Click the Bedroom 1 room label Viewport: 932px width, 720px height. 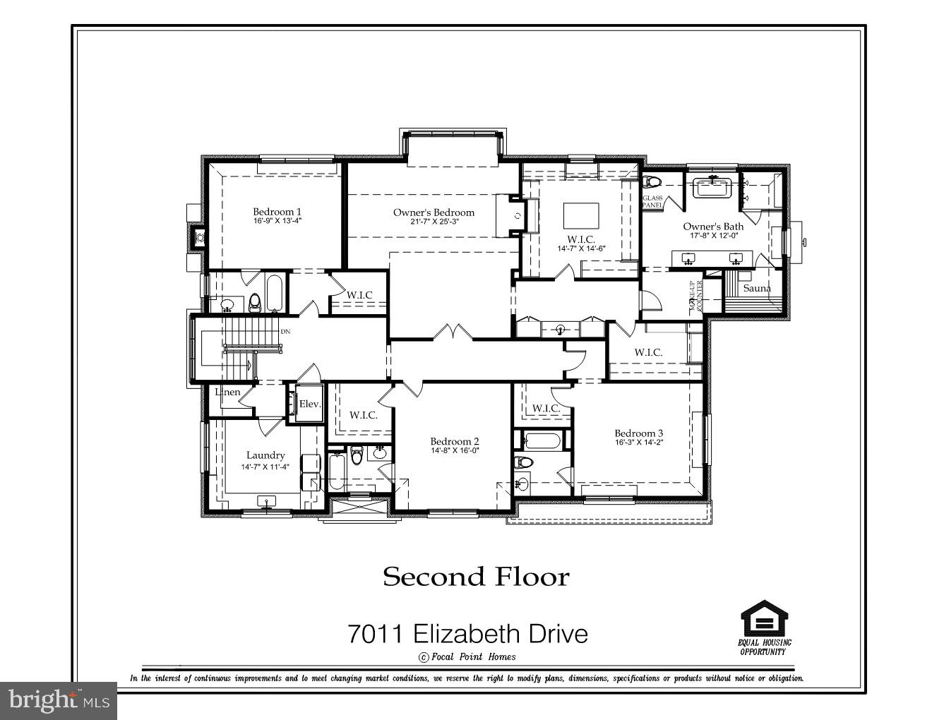tap(277, 212)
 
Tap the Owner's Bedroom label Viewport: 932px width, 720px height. tap(434, 212)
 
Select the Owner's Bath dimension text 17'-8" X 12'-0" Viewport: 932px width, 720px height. tap(712, 236)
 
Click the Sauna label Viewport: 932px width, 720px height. tap(757, 288)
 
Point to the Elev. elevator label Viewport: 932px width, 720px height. tap(310, 404)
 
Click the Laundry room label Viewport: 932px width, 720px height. tap(265, 455)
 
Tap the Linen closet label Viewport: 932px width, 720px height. tap(227, 392)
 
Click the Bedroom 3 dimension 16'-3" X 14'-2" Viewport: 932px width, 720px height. tap(638, 443)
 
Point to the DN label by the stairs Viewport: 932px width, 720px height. tap(285, 331)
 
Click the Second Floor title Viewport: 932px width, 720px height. tap(476, 577)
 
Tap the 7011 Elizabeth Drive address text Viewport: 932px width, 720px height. tap(467, 634)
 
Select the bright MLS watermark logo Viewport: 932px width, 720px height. tap(58, 700)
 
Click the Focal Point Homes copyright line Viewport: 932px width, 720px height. tap(467, 656)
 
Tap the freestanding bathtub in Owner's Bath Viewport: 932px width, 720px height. tap(714, 188)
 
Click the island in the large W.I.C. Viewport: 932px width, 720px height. tap(581, 215)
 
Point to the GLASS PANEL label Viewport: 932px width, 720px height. tap(652, 202)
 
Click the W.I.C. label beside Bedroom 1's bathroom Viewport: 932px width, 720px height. tap(359, 294)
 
